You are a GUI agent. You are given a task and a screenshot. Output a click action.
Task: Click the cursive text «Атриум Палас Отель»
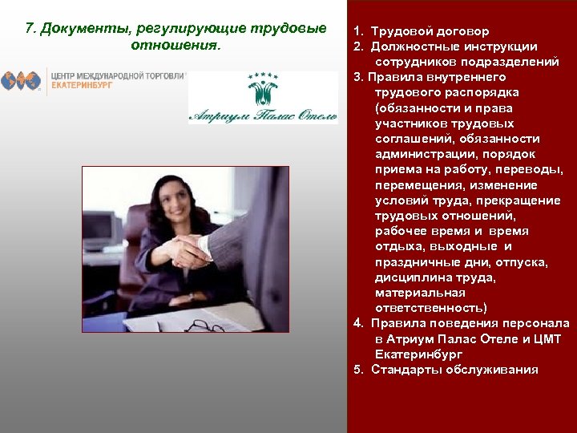[263, 115]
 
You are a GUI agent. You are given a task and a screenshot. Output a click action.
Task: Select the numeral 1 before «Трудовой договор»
[357, 31]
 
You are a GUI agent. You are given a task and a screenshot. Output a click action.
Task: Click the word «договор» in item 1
[461, 31]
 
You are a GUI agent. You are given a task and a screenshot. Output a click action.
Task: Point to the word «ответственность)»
[430, 308]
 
